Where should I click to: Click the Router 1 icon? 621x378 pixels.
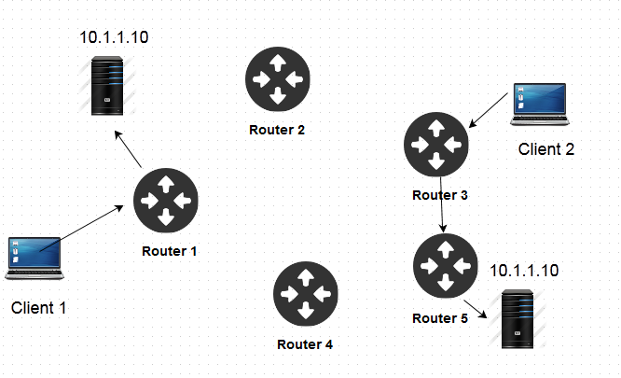point(166,201)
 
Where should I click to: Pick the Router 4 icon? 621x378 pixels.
point(305,294)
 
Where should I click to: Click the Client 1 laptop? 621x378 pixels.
point(34,258)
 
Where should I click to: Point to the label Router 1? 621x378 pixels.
point(170,251)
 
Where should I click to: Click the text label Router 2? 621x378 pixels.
point(277,130)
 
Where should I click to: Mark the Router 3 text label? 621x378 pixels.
point(439,196)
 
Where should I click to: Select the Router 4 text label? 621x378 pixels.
point(305,344)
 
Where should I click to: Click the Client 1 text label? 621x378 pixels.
point(40,307)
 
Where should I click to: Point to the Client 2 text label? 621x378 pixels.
point(547,149)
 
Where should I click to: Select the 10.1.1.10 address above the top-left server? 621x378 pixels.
point(114,38)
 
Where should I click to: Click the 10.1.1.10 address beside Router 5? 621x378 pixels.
point(524,271)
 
